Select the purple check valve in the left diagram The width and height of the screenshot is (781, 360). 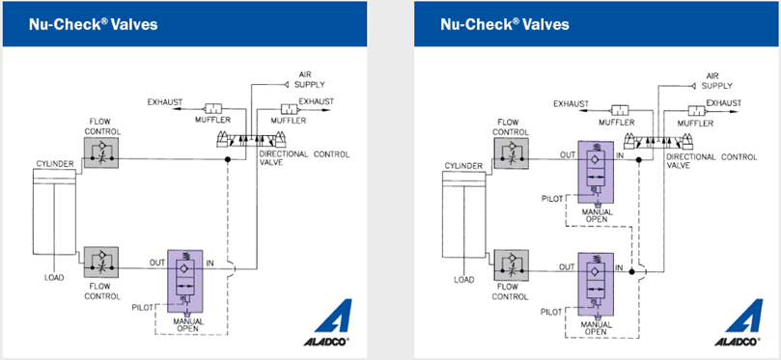point(185,279)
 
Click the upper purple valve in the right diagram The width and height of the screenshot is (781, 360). point(596,173)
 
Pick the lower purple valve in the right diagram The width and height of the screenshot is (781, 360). point(596,283)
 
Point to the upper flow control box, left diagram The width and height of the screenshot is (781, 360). point(101,152)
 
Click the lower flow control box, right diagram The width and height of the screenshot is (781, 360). point(511,265)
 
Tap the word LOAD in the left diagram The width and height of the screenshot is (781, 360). point(54,277)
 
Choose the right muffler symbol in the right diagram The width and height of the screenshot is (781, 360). point(699,110)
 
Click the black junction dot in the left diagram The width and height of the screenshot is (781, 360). point(228,159)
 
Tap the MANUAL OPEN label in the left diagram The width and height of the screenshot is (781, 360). point(188,324)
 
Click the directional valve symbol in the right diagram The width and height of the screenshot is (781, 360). point(658,141)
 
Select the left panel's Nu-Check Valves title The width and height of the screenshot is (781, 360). point(93,24)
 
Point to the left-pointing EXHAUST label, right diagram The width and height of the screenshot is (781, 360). point(572,103)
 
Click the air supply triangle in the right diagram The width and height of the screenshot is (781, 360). point(694,86)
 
